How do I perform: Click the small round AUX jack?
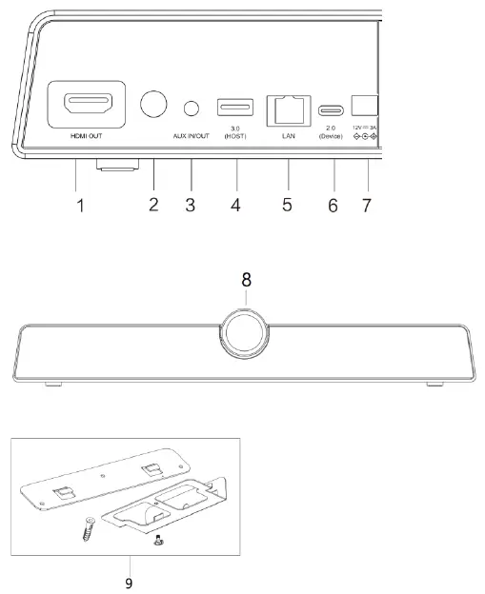pyautogui.click(x=194, y=105)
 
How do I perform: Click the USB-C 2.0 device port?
pyautogui.click(x=333, y=108)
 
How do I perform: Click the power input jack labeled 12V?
pyautogui.click(x=366, y=106)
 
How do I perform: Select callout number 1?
pyautogui.click(x=80, y=204)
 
